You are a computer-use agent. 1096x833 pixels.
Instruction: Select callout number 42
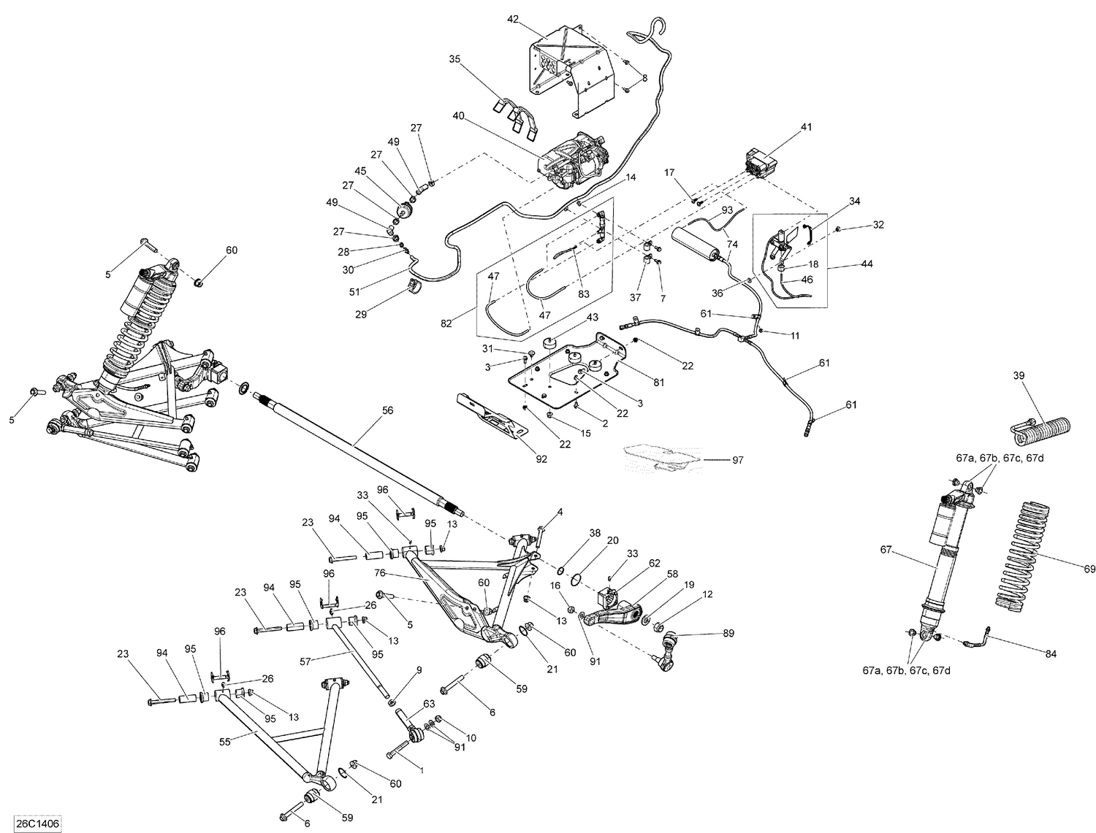pyautogui.click(x=513, y=20)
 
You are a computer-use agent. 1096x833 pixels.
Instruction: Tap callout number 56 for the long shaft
pyautogui.click(x=387, y=410)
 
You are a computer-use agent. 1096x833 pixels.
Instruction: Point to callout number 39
pyautogui.click(x=1019, y=375)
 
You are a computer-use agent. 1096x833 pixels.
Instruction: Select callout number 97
pyautogui.click(x=738, y=460)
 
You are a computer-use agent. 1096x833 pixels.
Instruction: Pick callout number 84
pyautogui.click(x=1051, y=654)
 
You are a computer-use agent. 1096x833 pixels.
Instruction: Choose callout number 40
pyautogui.click(x=458, y=115)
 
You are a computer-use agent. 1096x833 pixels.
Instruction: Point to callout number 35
pyautogui.click(x=455, y=60)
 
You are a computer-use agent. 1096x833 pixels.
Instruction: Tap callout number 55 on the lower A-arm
pyautogui.click(x=224, y=741)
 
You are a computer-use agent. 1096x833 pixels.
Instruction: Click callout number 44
pyautogui.click(x=846, y=264)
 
